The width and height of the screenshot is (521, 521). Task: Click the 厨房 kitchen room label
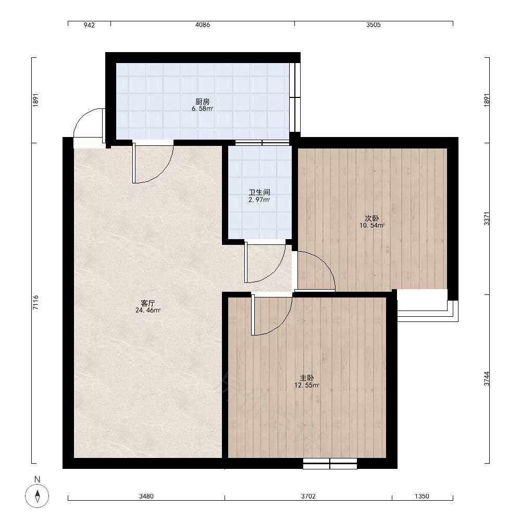click(202, 102)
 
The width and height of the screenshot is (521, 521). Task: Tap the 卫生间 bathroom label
click(259, 192)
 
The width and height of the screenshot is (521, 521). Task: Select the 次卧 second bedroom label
click(372, 218)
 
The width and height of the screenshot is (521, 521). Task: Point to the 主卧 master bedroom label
click(307, 378)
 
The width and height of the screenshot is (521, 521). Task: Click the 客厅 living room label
click(148, 303)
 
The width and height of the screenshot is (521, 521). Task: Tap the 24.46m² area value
click(148, 311)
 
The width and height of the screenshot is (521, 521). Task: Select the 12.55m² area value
click(307, 386)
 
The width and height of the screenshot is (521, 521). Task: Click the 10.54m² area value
click(372, 226)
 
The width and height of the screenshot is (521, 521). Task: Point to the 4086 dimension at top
click(202, 25)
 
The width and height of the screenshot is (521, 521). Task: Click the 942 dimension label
click(89, 25)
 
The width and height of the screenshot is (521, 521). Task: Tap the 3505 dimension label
click(373, 25)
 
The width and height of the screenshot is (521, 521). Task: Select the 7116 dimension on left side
click(36, 302)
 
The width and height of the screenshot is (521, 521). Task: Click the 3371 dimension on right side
click(487, 219)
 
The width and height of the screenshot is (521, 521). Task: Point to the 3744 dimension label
click(487, 378)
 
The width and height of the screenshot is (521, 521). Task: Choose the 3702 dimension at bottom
click(308, 496)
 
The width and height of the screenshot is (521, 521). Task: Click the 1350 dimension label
click(422, 496)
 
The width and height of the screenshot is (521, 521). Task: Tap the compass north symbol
click(37, 496)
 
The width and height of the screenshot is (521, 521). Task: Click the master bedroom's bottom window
click(330, 464)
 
